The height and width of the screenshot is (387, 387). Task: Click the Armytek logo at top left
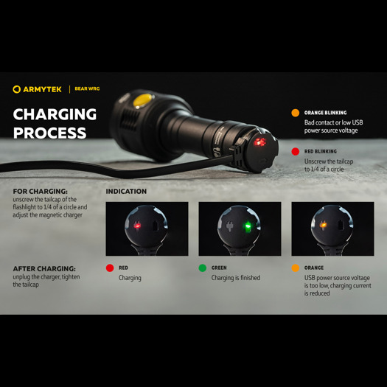tap(37, 89)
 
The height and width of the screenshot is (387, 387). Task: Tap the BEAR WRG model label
tap(87, 89)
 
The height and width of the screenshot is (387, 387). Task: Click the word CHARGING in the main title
tap(55, 114)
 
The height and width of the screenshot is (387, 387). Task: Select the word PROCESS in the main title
tap(49, 133)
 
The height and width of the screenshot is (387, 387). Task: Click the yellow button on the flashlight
tap(143, 99)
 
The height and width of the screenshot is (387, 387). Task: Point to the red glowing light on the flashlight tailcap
tap(259, 142)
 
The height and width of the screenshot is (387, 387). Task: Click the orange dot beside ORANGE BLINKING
tap(296, 113)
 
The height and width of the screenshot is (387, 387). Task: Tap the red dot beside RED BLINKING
tap(296, 152)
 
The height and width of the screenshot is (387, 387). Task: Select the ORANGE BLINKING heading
tap(325, 113)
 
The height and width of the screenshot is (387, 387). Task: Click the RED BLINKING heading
tap(320, 152)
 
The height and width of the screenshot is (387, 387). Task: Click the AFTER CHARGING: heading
tap(44, 268)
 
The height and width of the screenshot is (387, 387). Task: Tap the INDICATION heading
tap(126, 192)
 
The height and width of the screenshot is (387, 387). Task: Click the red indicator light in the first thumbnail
tap(137, 226)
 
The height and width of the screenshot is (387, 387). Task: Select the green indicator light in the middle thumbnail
tap(248, 226)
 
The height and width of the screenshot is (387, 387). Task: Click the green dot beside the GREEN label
tap(203, 268)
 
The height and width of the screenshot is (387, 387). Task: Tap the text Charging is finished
tap(235, 278)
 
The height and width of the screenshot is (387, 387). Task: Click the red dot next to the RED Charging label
tap(110, 268)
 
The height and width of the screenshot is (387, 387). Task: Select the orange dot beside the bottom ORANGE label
tap(296, 268)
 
